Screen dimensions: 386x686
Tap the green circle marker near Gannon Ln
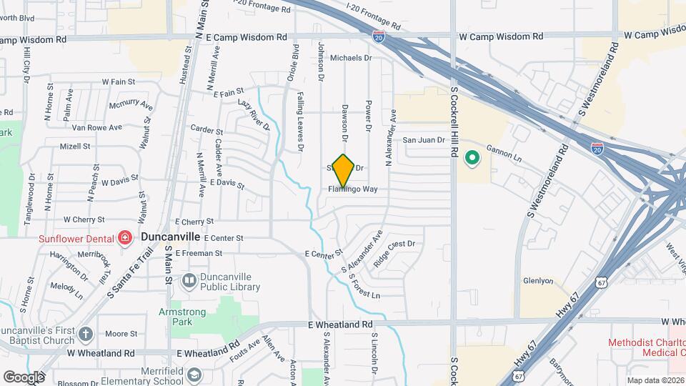click(472, 158)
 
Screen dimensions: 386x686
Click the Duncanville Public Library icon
click(189, 280)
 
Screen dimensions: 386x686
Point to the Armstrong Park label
click(182, 317)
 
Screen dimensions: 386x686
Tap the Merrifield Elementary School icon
click(194, 375)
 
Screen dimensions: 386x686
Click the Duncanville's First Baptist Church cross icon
click(85, 333)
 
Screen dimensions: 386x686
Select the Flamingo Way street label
click(353, 189)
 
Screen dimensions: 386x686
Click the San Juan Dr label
click(424, 141)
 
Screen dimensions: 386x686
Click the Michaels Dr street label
click(351, 58)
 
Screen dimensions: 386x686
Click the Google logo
click(24, 377)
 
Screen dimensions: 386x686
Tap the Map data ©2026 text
click(655, 380)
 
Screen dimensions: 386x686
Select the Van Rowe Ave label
click(96, 127)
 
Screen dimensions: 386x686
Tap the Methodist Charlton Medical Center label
click(645, 347)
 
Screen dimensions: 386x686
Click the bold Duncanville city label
click(171, 236)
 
